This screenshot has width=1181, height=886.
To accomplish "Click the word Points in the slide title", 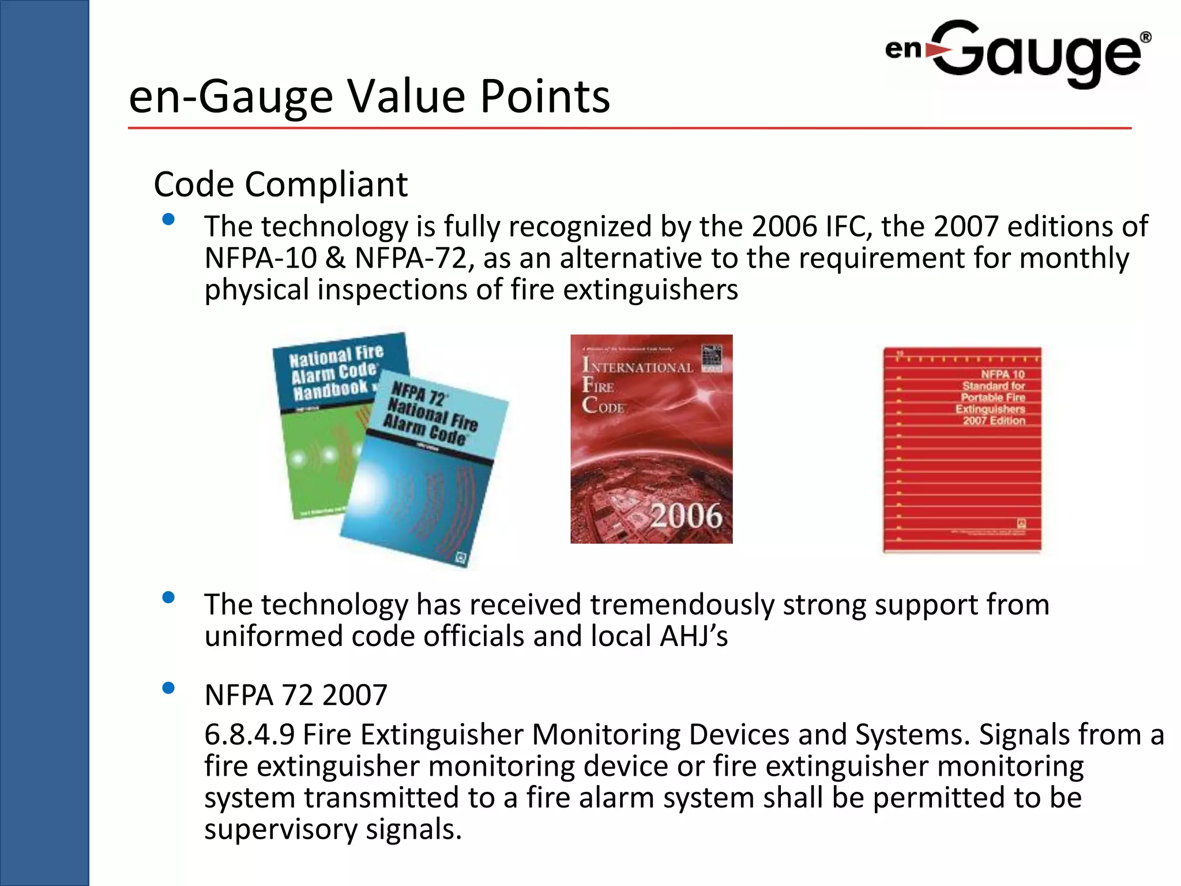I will click(x=545, y=96).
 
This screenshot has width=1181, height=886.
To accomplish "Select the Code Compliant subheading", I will click(x=280, y=185).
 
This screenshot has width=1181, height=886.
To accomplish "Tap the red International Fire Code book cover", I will click(x=651, y=438).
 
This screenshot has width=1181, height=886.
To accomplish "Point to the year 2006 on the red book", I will click(x=686, y=515).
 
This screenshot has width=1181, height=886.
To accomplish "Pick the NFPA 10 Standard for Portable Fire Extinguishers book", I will click(x=962, y=450).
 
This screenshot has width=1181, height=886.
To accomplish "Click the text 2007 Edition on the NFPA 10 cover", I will click(x=994, y=421).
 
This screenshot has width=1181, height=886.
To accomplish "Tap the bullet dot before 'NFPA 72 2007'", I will click(x=168, y=688).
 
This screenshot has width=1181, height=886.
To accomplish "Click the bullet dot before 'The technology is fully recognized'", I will click(x=168, y=219).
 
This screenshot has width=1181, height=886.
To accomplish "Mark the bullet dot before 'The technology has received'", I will click(x=168, y=598).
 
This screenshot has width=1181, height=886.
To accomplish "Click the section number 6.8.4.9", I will click(x=249, y=735).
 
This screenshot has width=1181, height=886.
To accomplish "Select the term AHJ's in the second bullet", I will click(x=694, y=636).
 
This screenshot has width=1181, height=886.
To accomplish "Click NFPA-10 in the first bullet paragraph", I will click(x=261, y=258).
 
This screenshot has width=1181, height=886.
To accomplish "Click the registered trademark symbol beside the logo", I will click(x=1145, y=37).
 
